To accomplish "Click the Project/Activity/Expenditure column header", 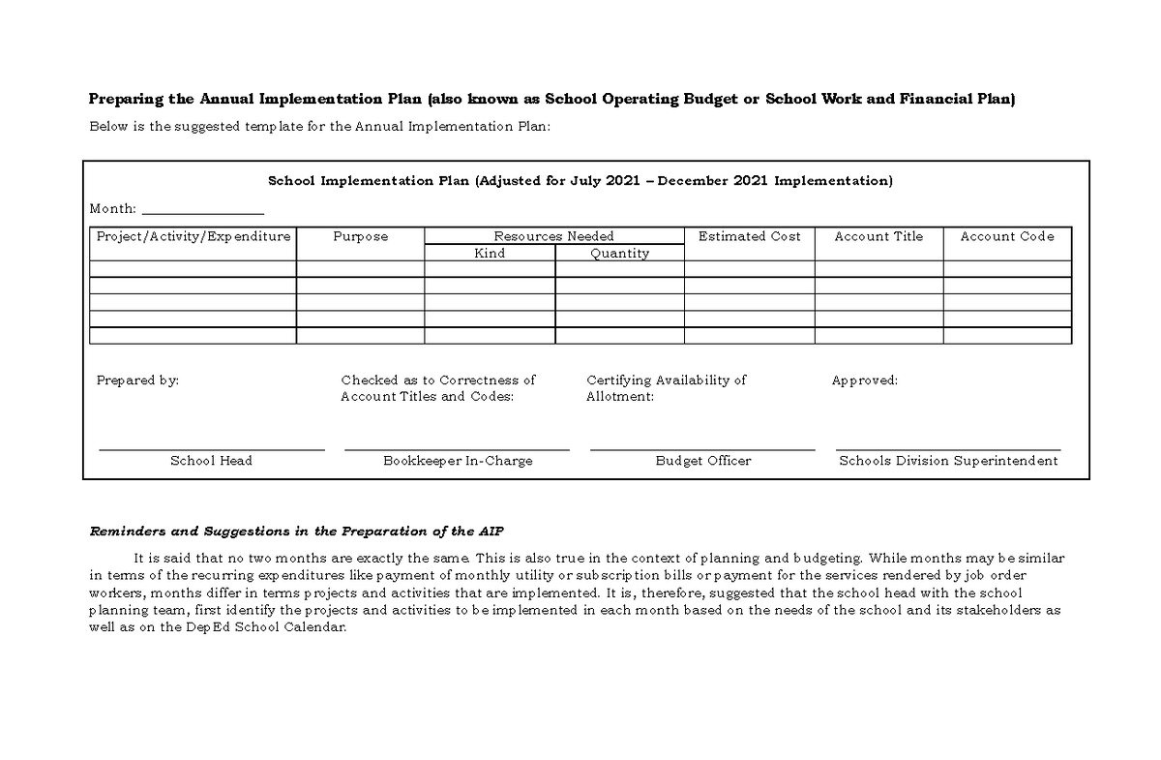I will point(193,236).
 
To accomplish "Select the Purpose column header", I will point(360,236).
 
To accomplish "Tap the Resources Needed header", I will point(553,236).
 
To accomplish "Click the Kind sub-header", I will point(490,254).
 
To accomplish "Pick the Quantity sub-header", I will point(619,254).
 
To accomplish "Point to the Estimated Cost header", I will point(749,236).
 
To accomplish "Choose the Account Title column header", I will point(878,236).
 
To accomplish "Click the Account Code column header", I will point(1007,236).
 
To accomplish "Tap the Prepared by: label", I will point(137,380).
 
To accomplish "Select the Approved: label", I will point(864,380).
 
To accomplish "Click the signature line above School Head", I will point(211,449).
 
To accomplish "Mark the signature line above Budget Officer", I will point(702,449).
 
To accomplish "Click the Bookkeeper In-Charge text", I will point(458,461).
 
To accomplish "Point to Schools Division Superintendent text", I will point(948,461).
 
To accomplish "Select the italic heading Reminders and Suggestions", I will point(296,532).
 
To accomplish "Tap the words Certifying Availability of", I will point(666,380).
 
